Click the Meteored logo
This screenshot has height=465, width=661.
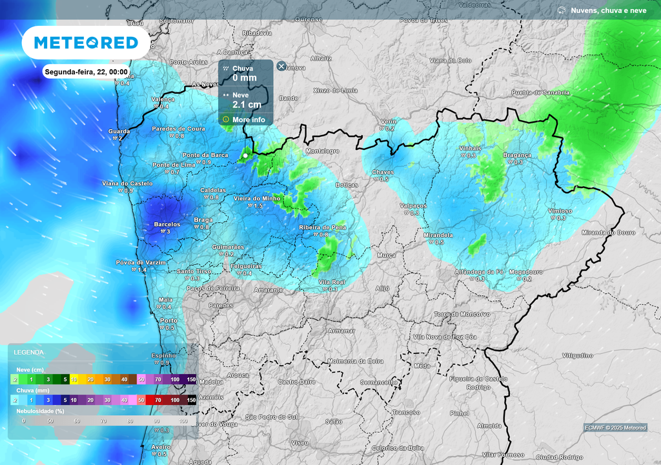click(86, 43)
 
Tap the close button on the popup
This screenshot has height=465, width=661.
click(281, 66)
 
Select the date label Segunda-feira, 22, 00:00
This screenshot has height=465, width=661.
click(86, 72)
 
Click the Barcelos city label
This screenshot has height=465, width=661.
click(167, 225)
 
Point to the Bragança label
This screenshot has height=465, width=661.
click(517, 155)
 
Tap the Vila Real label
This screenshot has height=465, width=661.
click(332, 282)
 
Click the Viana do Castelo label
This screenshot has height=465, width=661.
click(127, 183)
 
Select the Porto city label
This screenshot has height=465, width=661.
click(168, 320)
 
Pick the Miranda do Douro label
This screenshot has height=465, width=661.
click(608, 232)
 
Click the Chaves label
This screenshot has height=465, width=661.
click(383, 172)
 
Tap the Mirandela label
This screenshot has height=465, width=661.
click(438, 235)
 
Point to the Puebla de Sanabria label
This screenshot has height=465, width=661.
click(540, 92)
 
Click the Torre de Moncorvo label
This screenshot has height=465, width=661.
click(462, 314)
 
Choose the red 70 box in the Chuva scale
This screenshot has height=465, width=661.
click(158, 400)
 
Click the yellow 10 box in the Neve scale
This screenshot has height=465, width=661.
click(74, 378)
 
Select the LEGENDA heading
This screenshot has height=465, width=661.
click(29, 353)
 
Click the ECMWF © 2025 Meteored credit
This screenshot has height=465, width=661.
click(615, 428)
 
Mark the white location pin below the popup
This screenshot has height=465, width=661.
click(245, 156)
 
